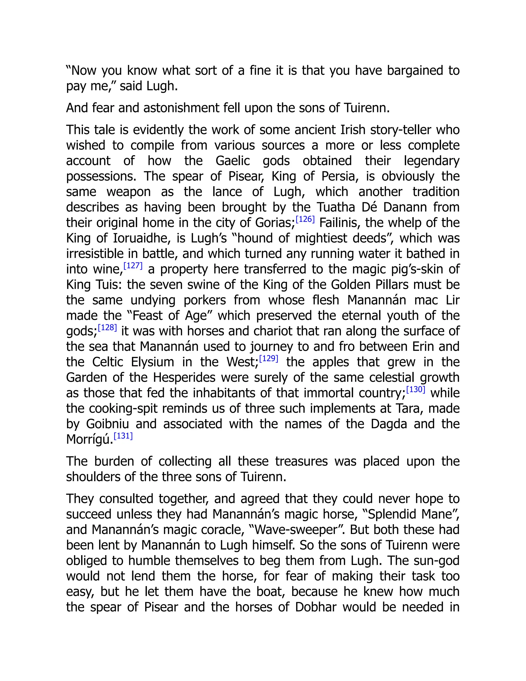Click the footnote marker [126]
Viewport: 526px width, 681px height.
click(x=305, y=219)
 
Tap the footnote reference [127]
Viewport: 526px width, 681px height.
click(x=133, y=266)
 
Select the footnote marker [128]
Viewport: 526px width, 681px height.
click(x=108, y=328)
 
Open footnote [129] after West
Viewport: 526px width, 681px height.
click(x=269, y=358)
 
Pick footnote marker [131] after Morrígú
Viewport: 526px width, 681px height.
click(x=123, y=436)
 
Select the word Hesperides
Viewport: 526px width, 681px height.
click(x=184, y=378)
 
